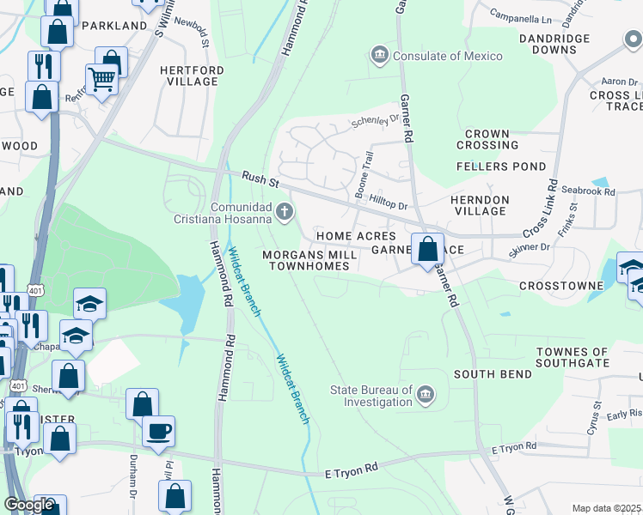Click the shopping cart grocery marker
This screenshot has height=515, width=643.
(101, 80)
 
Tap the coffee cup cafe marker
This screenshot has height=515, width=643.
(158, 431)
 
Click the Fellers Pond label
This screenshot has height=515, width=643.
(500, 166)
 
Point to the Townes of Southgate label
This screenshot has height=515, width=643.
(572, 358)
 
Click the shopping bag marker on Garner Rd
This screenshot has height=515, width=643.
(428, 250)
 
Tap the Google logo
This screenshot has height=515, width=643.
(29, 505)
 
